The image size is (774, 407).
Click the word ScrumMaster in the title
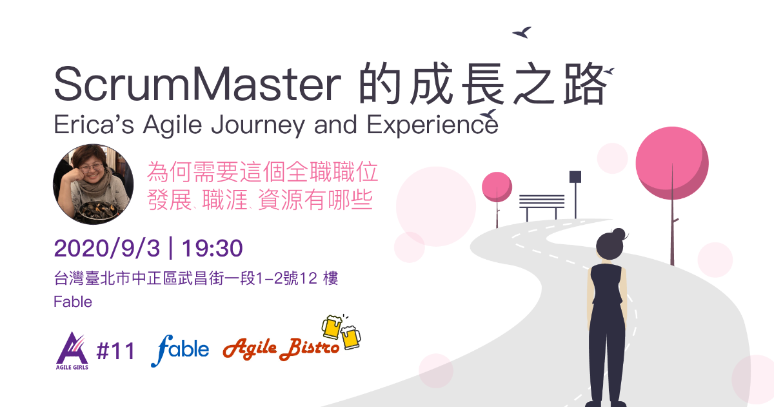pos(197,84)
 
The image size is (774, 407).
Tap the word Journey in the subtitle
pos(258,126)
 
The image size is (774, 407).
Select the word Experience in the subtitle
pos(432,126)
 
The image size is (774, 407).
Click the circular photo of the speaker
pos(94,184)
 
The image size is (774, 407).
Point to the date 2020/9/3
pos(107,248)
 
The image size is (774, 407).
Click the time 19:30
pos(212,248)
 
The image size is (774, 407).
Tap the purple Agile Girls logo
pos(72,351)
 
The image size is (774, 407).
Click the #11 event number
pos(115,351)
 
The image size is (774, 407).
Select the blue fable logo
pos(180,351)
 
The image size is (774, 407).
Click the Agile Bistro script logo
pos(281,349)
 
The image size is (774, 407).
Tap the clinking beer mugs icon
pos(341,331)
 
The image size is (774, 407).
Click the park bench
pos(541,207)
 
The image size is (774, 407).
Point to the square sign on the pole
pos(575,176)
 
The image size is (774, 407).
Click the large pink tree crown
pos(672,163)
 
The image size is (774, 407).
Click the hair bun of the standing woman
pos(619,235)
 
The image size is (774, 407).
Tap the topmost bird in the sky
pos(522,32)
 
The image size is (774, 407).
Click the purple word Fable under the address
pos(73,302)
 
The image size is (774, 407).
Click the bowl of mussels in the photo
pos(98,210)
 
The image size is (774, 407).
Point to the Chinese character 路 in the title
pos(585,83)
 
